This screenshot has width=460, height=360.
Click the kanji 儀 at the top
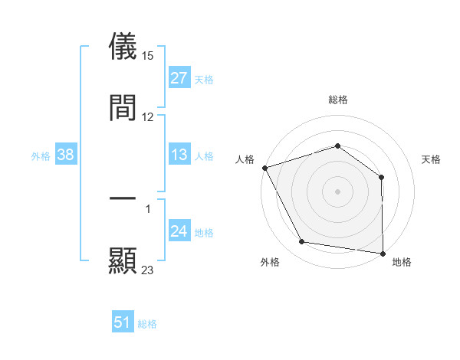pyautogui.click(x=123, y=45)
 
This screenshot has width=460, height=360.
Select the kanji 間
pyautogui.click(x=123, y=107)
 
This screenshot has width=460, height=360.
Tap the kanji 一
pyautogui.click(x=123, y=198)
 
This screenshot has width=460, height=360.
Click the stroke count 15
pyautogui.click(x=149, y=55)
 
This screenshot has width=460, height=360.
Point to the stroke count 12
pyautogui.click(x=148, y=117)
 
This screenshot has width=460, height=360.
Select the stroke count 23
pyautogui.click(x=148, y=270)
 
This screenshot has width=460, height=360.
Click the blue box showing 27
pyautogui.click(x=179, y=78)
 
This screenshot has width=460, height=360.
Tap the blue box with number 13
pyautogui.click(x=179, y=155)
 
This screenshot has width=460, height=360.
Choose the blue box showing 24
pyautogui.click(x=179, y=232)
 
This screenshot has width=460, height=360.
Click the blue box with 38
pyautogui.click(x=66, y=155)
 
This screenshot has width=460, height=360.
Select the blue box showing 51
pyautogui.click(x=123, y=323)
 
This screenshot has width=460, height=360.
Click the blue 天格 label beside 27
pyautogui.click(x=203, y=80)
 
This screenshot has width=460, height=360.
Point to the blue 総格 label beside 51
pyautogui.click(x=147, y=324)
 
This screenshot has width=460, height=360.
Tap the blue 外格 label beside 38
pyautogui.click(x=41, y=156)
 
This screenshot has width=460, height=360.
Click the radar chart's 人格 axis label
pyautogui.click(x=245, y=159)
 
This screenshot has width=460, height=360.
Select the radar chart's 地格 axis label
pyautogui.click(x=402, y=262)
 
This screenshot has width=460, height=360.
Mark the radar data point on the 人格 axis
pyautogui.click(x=264, y=168)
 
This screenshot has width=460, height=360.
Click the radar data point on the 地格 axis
pyautogui.click(x=383, y=253)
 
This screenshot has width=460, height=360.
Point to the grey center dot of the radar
pyautogui.click(x=337, y=191)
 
